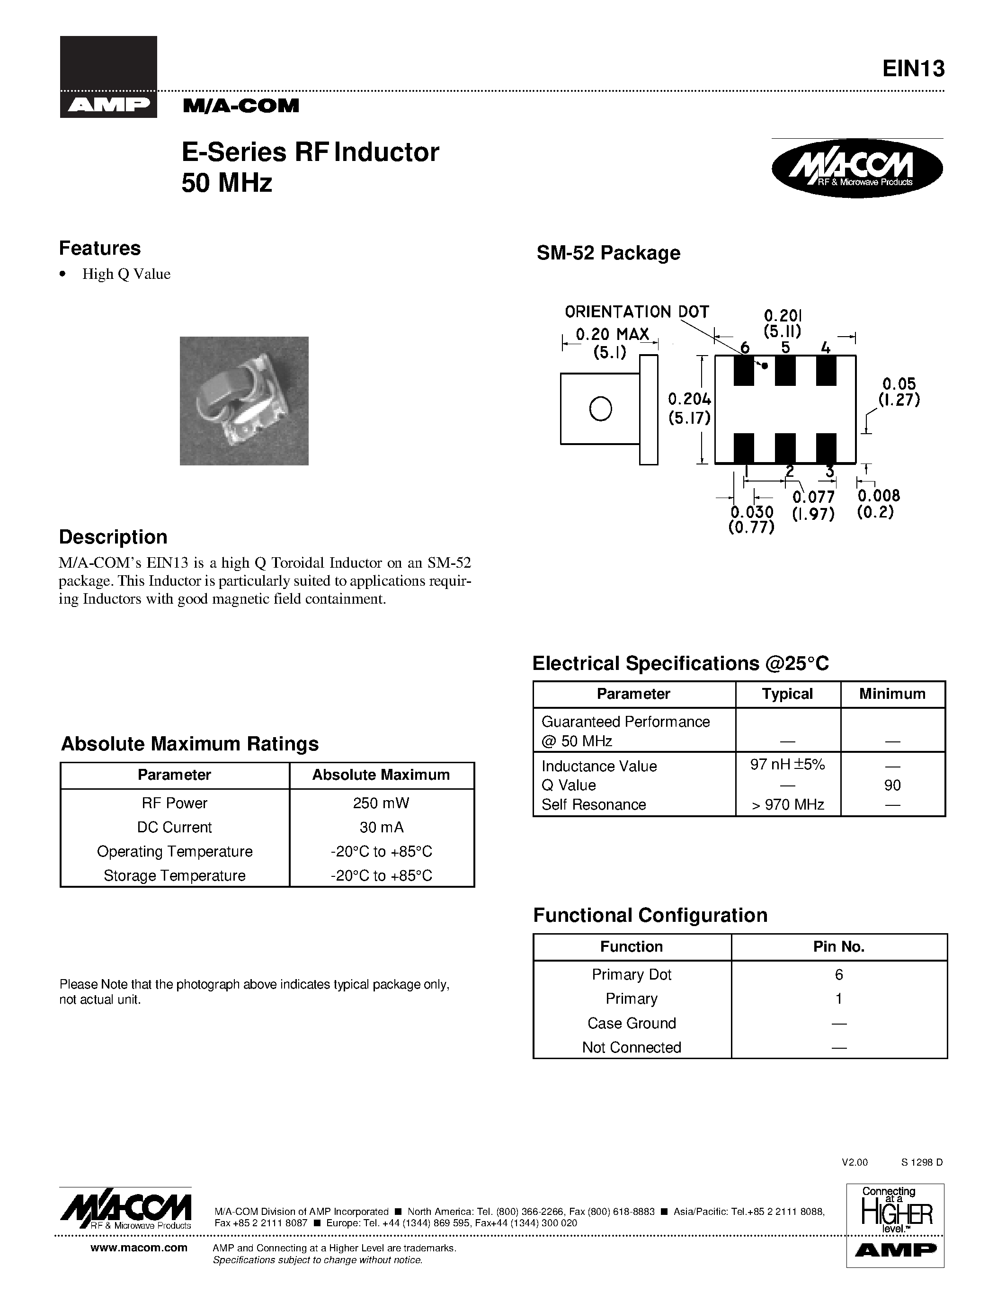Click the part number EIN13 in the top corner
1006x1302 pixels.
point(913,69)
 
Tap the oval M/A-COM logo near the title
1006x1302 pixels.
point(857,169)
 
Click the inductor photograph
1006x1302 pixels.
point(244,401)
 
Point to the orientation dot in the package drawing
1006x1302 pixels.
point(765,366)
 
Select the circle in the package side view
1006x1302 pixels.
point(600,409)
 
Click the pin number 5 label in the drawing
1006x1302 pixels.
point(785,348)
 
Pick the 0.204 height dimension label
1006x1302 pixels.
point(689,399)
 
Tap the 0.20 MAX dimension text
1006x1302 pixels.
point(612,334)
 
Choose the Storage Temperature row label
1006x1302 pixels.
point(175,876)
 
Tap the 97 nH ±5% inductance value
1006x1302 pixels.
point(787,765)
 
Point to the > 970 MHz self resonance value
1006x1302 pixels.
point(787,805)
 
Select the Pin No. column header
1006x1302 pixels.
point(838,947)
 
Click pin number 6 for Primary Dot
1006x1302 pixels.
point(838,975)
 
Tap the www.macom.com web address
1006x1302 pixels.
point(139,1248)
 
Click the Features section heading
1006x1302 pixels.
point(99,248)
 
